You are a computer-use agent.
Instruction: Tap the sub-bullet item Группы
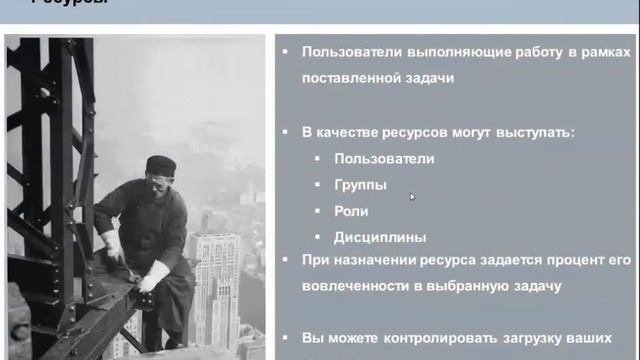tap(361, 185)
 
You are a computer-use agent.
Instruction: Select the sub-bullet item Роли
tap(352, 211)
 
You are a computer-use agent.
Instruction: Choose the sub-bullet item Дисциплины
tap(380, 237)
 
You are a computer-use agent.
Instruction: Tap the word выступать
tap(541, 132)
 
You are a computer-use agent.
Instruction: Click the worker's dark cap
tap(160, 162)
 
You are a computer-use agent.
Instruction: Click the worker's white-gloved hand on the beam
tap(154, 273)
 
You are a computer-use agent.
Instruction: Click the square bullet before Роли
tap(317, 211)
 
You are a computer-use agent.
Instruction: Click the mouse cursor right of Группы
tap(411, 196)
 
